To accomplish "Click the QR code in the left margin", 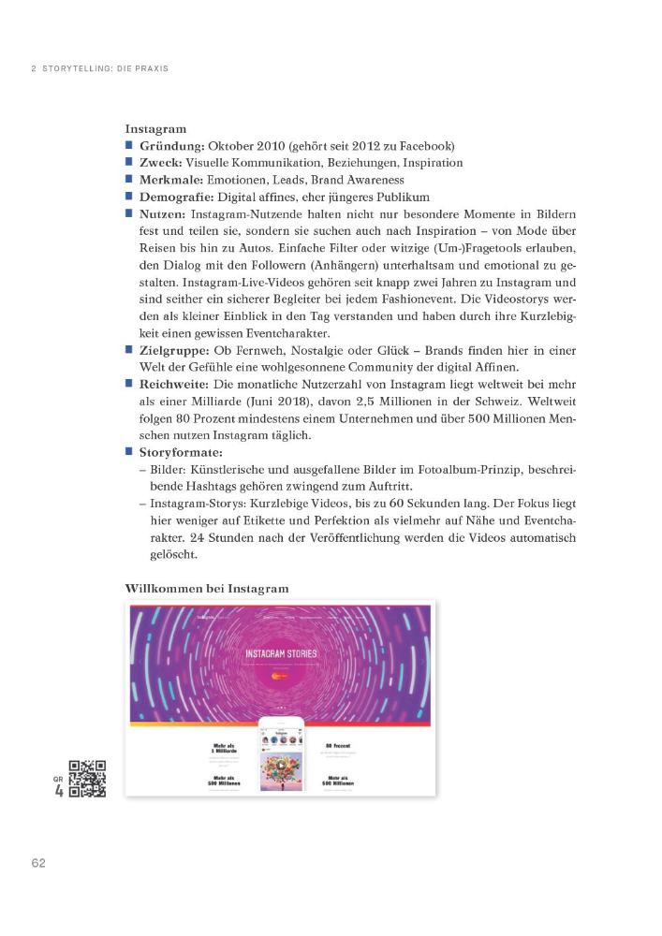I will click(88, 779).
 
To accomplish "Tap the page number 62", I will click(37, 862).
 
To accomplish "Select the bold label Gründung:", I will click(172, 146).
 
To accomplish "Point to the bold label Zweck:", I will click(161, 163).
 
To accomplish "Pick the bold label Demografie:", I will click(177, 197).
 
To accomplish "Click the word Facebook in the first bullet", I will click(422, 146).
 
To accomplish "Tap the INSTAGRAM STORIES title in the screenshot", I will click(281, 652).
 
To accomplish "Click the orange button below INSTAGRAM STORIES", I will click(280, 674).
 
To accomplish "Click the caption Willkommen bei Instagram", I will click(206, 589).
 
